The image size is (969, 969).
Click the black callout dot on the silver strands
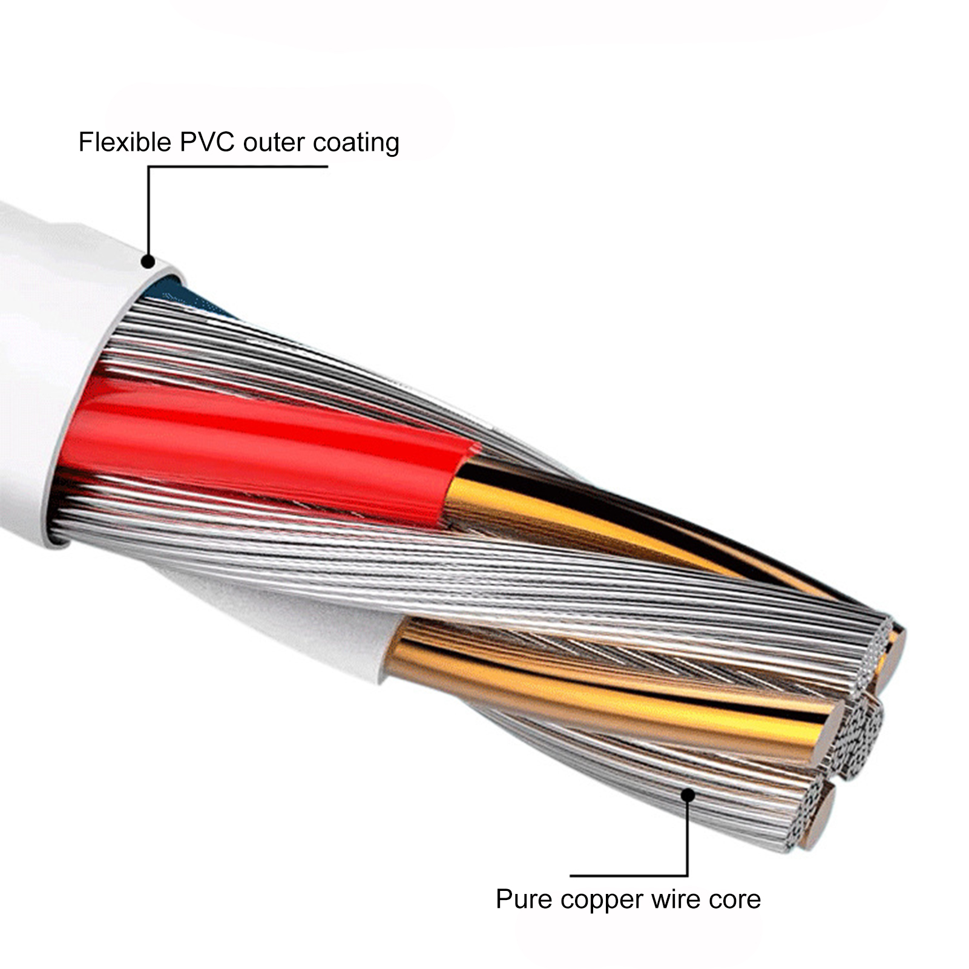tap(688, 794)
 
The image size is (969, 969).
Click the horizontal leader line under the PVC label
tap(238, 165)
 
